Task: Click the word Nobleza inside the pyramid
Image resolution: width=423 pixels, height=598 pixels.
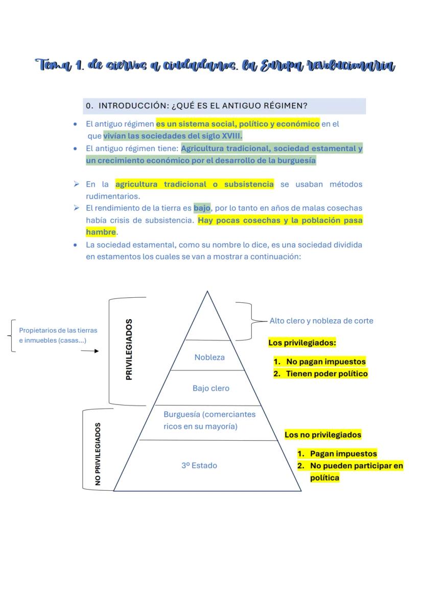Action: coord(209,357)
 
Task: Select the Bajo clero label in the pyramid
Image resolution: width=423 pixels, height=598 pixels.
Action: coord(211,388)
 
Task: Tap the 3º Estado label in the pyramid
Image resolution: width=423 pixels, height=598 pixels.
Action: coord(199,465)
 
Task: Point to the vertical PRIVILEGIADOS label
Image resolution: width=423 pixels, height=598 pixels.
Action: coord(129,350)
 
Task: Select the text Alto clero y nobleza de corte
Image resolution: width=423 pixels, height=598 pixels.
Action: coord(321,321)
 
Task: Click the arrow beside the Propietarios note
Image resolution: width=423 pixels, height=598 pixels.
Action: coord(89,351)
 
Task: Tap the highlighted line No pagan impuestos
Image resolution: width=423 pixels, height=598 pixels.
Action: coord(325,362)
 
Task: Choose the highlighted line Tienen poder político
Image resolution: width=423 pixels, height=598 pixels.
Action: coord(326,374)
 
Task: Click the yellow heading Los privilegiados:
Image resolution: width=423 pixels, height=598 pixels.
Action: coord(302,343)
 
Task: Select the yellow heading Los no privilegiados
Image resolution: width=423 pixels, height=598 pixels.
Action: coord(323,435)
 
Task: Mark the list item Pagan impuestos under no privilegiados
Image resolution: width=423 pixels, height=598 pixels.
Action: coord(343,453)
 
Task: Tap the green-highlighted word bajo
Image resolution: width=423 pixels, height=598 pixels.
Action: coord(202,208)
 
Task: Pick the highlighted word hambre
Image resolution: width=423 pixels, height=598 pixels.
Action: coord(101,232)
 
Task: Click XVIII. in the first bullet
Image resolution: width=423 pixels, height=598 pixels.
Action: coord(229,136)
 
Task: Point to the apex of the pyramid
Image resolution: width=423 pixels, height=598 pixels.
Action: coord(207,292)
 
